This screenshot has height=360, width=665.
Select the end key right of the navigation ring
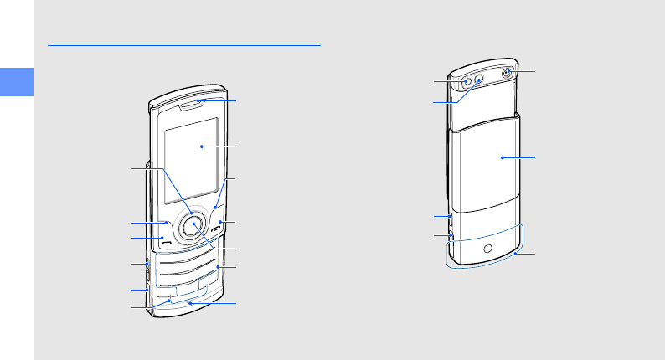[218, 228]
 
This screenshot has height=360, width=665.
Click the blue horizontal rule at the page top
[184, 46]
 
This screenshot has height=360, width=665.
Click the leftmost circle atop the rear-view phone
[467, 82]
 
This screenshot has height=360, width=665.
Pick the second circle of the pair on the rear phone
[480, 81]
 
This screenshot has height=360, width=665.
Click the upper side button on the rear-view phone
[451, 219]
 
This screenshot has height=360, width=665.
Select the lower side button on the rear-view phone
[451, 238]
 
